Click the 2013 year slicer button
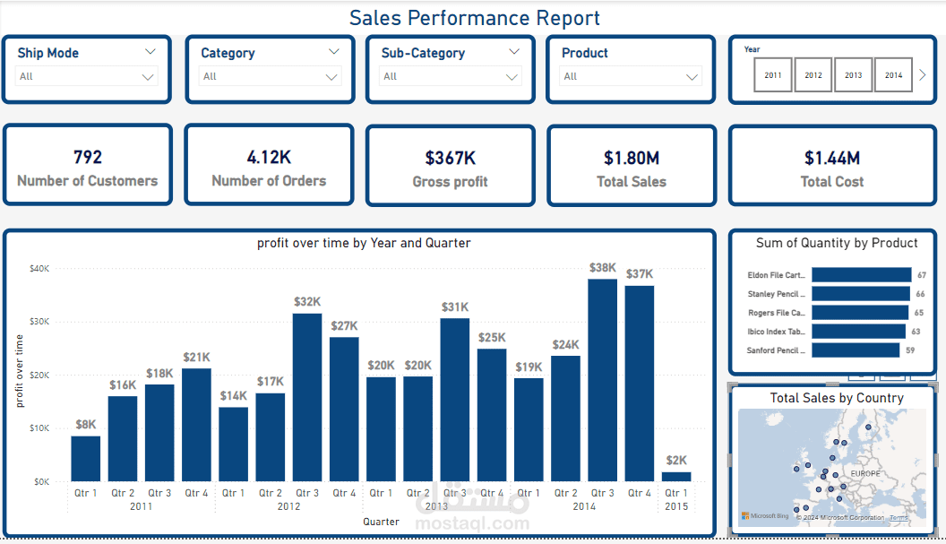(853, 75)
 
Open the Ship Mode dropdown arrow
(149, 77)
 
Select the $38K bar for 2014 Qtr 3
(602, 380)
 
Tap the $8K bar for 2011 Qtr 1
(86, 458)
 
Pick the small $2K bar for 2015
(676, 476)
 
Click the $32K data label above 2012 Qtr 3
(307, 302)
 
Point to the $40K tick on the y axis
(39, 268)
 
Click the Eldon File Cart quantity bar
(860, 275)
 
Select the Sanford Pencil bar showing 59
(855, 350)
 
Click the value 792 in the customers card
(87, 157)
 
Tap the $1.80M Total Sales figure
(631, 159)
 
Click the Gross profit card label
(450, 182)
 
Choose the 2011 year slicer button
(773, 75)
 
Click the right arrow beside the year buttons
(922, 75)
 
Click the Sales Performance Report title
(474, 18)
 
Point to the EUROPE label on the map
(865, 472)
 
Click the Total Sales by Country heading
(836, 398)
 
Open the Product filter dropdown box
(631, 77)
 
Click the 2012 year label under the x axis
(288, 506)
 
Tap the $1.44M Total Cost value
(831, 159)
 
